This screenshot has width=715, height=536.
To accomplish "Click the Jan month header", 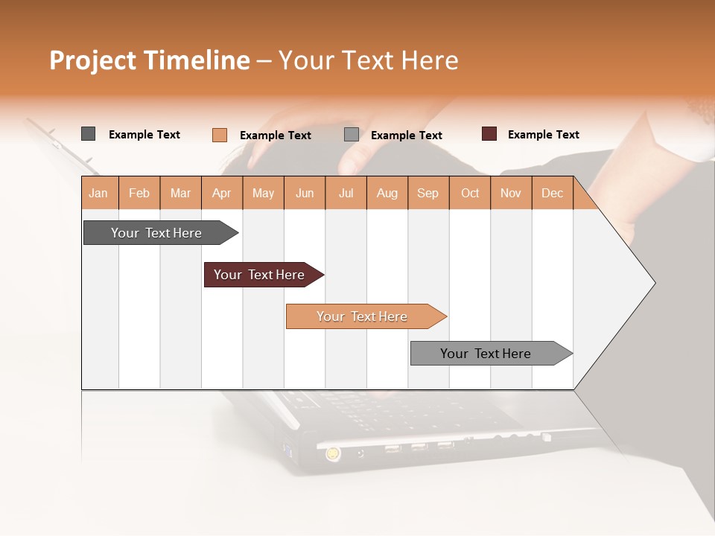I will pyautogui.click(x=98, y=193).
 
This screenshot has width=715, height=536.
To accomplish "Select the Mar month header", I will pyautogui.click(x=180, y=193).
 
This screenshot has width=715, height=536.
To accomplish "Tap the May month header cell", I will pyautogui.click(x=263, y=193).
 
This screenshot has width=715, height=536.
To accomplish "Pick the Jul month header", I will pyautogui.click(x=346, y=193).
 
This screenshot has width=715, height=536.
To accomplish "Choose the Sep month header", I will pyautogui.click(x=428, y=193).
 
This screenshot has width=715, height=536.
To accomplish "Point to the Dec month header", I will pyautogui.click(x=552, y=193).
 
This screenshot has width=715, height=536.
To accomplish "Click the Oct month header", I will pyautogui.click(x=470, y=193).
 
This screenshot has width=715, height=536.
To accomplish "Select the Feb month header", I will pyautogui.click(x=139, y=193).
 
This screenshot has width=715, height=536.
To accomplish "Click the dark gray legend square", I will pyautogui.click(x=88, y=134).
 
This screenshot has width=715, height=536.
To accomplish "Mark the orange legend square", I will pyautogui.click(x=219, y=135).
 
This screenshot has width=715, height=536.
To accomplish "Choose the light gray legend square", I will pyautogui.click(x=352, y=135).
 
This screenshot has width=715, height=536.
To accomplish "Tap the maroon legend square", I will pyautogui.click(x=489, y=134).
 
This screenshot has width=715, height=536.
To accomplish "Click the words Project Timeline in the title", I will pyautogui.click(x=149, y=60).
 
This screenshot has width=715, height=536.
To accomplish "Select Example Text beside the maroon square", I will pyautogui.click(x=543, y=135).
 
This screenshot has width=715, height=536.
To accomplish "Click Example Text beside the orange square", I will pyautogui.click(x=275, y=135).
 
